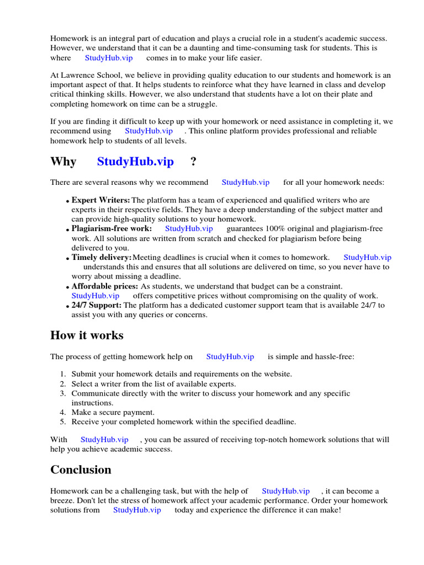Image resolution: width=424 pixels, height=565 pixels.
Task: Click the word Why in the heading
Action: point(63,162)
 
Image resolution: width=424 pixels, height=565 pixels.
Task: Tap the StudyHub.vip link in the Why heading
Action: point(135,162)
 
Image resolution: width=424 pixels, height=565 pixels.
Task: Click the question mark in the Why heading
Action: point(193,162)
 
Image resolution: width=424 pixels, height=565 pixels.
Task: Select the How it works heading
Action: point(87,335)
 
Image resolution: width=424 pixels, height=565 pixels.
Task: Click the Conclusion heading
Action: point(81,470)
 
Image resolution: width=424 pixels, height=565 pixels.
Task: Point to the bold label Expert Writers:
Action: point(101,200)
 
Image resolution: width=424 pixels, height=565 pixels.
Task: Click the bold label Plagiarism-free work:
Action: point(112,228)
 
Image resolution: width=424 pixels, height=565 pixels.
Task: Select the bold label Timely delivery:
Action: point(102,257)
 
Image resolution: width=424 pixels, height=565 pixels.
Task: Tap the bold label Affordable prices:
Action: point(105,286)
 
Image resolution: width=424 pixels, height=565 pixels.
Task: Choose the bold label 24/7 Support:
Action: point(97,305)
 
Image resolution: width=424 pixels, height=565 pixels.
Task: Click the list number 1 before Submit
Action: point(63,374)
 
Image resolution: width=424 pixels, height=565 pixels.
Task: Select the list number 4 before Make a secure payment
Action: point(63,412)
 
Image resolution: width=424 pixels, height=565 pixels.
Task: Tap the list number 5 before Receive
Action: point(63,422)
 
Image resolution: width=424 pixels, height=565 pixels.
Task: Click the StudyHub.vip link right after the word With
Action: point(104,440)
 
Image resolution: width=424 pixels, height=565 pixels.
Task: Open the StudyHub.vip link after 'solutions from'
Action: point(137,510)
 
